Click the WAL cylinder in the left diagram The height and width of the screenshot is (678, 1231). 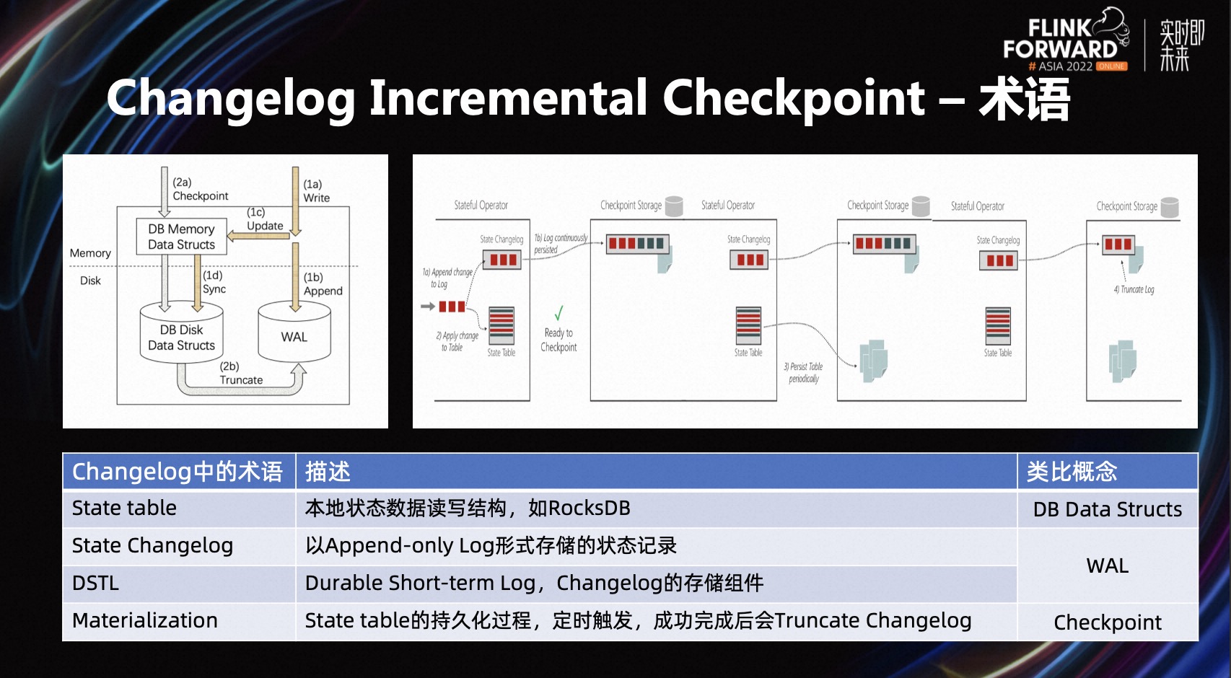[x=294, y=336]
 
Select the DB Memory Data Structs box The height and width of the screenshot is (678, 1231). [x=181, y=237]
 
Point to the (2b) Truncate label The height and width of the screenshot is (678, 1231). [x=240, y=373]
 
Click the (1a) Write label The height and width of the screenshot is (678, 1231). [x=316, y=191]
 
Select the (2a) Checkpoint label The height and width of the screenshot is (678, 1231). [x=200, y=189]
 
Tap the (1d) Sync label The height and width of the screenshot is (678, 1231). [x=214, y=282]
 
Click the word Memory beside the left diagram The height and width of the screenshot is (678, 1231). [x=90, y=253]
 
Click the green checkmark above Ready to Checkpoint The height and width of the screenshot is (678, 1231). [x=558, y=313]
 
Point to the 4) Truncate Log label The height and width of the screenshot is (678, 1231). [x=1134, y=289]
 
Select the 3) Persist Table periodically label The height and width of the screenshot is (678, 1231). [x=804, y=372]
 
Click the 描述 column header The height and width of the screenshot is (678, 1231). [x=328, y=472]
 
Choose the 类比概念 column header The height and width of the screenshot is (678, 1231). [x=1072, y=472]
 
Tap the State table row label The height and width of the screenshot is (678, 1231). [x=124, y=508]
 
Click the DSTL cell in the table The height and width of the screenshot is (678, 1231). [x=95, y=583]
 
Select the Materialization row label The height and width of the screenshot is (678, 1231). [x=144, y=620]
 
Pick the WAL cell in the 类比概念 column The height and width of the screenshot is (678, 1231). [x=1107, y=565]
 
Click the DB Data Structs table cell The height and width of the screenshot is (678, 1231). [x=1107, y=509]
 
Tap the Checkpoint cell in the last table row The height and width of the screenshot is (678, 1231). [x=1107, y=622]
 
